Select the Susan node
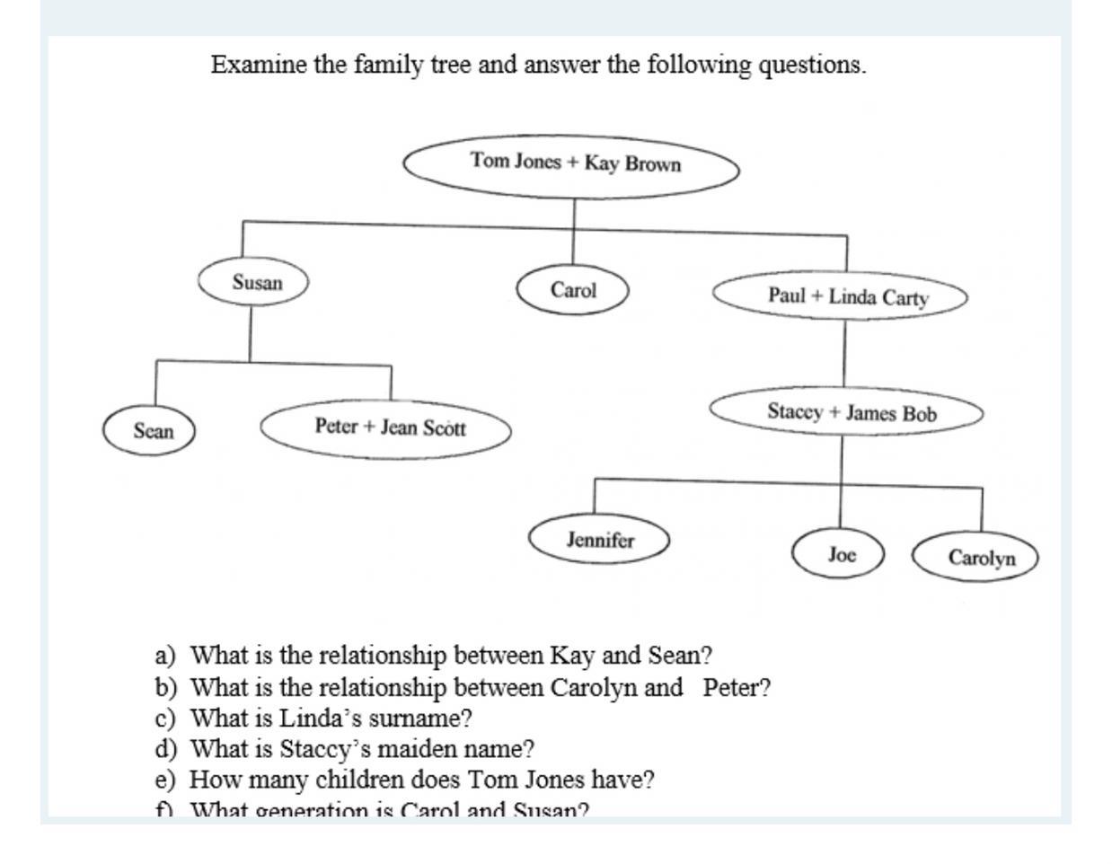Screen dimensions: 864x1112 (x=253, y=282)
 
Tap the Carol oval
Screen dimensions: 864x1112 (x=572, y=290)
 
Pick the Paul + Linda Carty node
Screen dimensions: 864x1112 (x=841, y=296)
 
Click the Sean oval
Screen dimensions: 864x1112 (x=150, y=430)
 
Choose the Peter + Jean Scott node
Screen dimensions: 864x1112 (x=386, y=428)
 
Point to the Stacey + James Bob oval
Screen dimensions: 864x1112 (x=846, y=412)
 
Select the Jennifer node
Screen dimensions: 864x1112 (x=599, y=540)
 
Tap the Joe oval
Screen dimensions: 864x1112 (x=840, y=554)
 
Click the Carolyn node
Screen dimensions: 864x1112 (x=976, y=557)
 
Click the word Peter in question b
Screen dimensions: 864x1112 (x=736, y=688)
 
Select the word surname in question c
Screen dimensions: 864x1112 (x=420, y=719)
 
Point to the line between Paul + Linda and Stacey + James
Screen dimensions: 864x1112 (x=844, y=352)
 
